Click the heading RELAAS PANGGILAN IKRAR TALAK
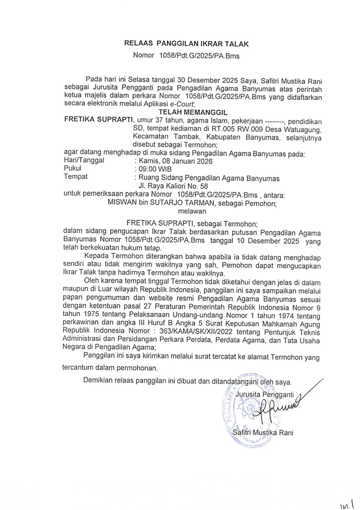(186, 44)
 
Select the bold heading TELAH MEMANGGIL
(193, 112)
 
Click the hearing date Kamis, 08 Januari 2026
(175, 161)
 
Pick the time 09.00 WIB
(155, 169)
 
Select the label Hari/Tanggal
(84, 160)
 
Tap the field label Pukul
(72, 168)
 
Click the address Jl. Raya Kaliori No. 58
(173, 186)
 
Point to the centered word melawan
(192, 211)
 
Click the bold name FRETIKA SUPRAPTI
(98, 120)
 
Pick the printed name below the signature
(263, 433)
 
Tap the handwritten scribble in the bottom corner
(347, 505)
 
